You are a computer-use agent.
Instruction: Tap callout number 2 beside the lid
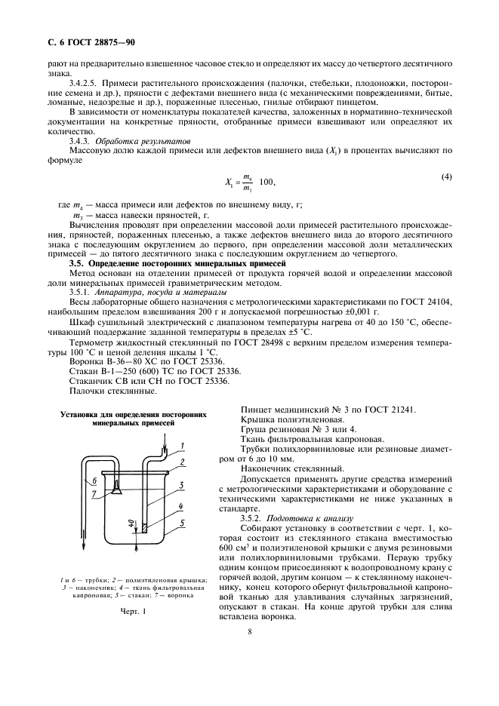(x=182, y=461)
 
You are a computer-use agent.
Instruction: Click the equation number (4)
(x=446, y=177)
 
